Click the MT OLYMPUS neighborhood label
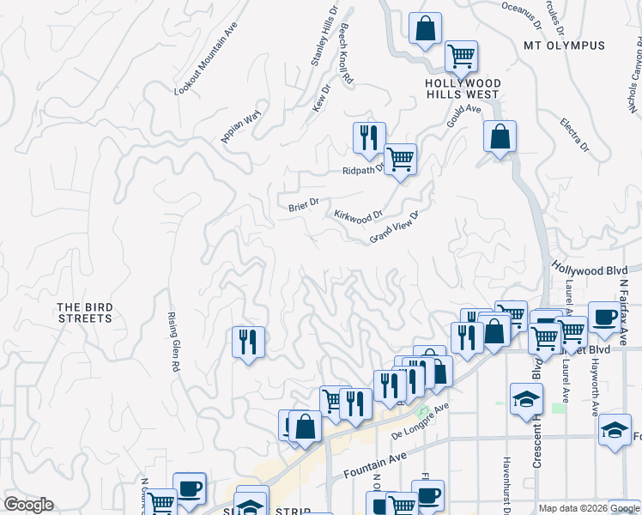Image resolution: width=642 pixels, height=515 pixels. [x=565, y=45]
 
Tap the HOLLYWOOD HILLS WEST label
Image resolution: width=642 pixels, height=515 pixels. [x=463, y=88]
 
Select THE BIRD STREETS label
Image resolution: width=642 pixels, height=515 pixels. [x=85, y=312]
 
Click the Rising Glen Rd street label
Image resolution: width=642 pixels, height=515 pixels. [x=173, y=341]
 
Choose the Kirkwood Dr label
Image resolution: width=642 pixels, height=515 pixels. [x=357, y=215]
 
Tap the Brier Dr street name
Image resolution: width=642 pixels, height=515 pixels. [x=304, y=203]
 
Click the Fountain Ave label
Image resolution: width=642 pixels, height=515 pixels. [x=373, y=467]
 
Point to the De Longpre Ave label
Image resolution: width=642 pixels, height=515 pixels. [x=421, y=420]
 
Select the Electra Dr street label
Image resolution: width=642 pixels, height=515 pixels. [x=574, y=135]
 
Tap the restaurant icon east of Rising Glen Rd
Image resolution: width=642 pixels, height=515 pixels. [x=247, y=342]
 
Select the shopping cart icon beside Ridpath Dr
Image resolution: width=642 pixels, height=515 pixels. [x=400, y=159]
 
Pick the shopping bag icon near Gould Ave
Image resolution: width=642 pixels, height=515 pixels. [x=500, y=136]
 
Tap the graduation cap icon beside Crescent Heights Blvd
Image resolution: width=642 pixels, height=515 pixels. [x=526, y=399]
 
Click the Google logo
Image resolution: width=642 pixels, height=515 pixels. [x=28, y=505]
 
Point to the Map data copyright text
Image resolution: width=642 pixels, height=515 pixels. [x=588, y=508]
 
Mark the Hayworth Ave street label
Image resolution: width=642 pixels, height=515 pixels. [x=594, y=378]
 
